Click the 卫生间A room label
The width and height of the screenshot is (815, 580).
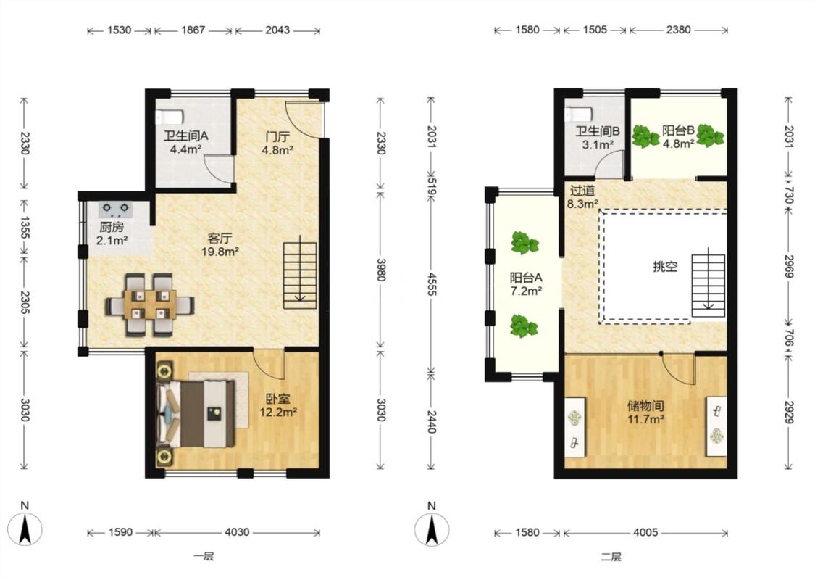(185, 136)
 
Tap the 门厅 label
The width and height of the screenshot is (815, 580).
(277, 137)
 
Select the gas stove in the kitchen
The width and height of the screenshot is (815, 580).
(115, 209)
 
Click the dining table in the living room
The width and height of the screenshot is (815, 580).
(150, 304)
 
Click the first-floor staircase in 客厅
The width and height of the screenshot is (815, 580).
(300, 275)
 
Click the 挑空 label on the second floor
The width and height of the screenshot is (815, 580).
(665, 267)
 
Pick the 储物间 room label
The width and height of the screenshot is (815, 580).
(645, 406)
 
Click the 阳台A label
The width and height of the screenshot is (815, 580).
(526, 278)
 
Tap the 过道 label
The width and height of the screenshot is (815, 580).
(582, 191)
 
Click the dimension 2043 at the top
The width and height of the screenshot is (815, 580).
(277, 30)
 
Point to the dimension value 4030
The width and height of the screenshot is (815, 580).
(236, 532)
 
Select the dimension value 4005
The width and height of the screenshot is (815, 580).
(645, 532)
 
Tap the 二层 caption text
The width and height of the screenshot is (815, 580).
(611, 557)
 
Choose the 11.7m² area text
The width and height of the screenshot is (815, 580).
(645, 419)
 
